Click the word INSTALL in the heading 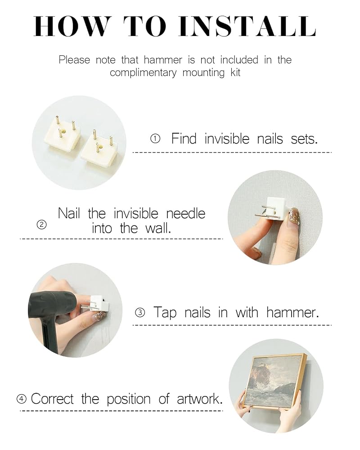[247, 27]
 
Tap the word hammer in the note [163, 60]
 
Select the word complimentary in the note [143, 72]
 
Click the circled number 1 [155, 139]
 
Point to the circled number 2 [42, 225]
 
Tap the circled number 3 [140, 312]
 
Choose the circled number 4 [22, 399]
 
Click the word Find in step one [184, 139]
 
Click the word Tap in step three [165, 313]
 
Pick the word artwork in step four [199, 399]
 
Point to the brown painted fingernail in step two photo [294, 216]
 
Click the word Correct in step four [52, 399]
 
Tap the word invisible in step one [227, 139]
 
